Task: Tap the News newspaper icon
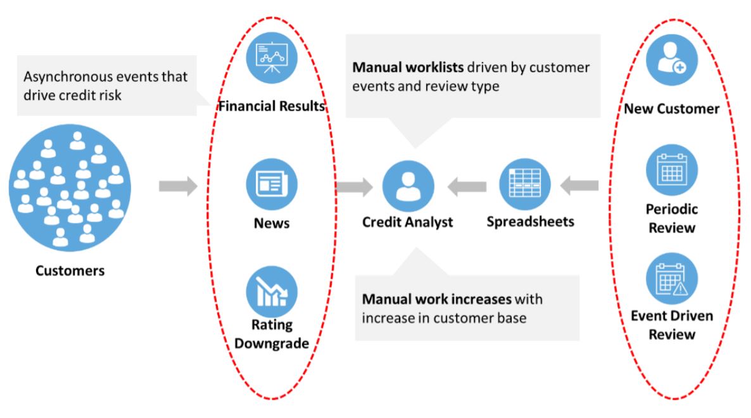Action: (271, 184)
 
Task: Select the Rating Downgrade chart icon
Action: (271, 292)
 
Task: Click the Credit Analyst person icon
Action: (408, 187)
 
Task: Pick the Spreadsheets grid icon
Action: (524, 184)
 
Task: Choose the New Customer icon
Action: (671, 61)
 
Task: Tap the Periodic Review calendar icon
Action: (671, 170)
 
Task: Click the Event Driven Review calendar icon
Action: (671, 279)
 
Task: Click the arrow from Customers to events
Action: (178, 187)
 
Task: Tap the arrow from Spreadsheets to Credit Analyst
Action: (467, 187)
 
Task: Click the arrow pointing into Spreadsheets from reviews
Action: (579, 186)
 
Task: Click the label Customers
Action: (70, 271)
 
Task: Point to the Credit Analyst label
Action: (408, 222)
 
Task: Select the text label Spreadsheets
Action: (531, 222)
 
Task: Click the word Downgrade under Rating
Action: (271, 344)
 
